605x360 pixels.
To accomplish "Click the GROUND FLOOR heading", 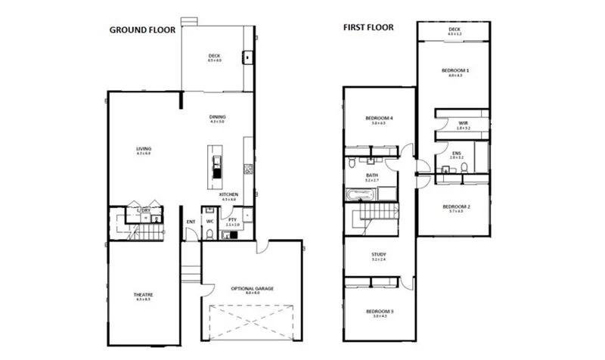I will [142, 30].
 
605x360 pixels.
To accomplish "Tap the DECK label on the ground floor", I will [214, 56].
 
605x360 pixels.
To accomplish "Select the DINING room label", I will [218, 117].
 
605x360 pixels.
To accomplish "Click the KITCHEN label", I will [229, 195].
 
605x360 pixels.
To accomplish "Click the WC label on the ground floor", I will [209, 222].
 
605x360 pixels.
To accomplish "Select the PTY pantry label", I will [232, 222].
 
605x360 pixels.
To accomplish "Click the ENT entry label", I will [191, 222].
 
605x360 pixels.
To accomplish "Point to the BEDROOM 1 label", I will [455, 71].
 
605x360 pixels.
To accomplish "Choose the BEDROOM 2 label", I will [455, 206].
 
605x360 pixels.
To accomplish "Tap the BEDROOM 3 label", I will [379, 312].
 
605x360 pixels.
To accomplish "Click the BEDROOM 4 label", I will [379, 119].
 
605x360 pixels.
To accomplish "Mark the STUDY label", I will [379, 255].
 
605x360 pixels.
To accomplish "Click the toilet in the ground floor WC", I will [209, 235].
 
